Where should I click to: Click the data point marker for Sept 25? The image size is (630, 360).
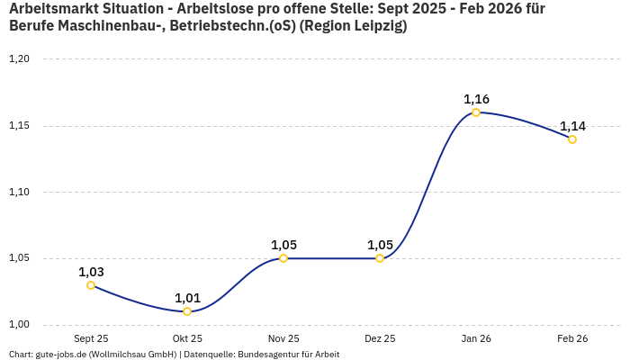[x=91, y=285]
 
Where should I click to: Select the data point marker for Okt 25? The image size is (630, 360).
[x=187, y=311]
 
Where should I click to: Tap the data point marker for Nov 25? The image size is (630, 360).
[x=283, y=258]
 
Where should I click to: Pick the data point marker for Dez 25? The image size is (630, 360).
[x=380, y=258]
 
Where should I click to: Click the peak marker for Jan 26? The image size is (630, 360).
[x=476, y=112]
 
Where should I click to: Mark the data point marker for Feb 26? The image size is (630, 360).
[x=572, y=139]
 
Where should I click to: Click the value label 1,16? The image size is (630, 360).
[x=476, y=99]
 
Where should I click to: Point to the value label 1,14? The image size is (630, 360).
[x=572, y=126]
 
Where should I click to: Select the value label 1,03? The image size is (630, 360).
[x=91, y=272]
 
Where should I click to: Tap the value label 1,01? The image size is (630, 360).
[x=187, y=298]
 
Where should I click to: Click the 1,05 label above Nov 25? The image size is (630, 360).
[x=283, y=245]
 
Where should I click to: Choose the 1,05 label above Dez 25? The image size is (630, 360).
[x=380, y=245]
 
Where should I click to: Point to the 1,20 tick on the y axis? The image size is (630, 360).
[x=19, y=59]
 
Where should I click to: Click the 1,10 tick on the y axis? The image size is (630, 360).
[x=19, y=192]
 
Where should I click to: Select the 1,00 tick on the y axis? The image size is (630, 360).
[x=19, y=325]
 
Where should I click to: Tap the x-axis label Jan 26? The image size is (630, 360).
[x=476, y=339]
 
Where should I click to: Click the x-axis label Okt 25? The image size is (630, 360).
[x=187, y=339]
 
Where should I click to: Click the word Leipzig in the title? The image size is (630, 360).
[x=379, y=26]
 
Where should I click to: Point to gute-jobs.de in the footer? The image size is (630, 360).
[x=60, y=355]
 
